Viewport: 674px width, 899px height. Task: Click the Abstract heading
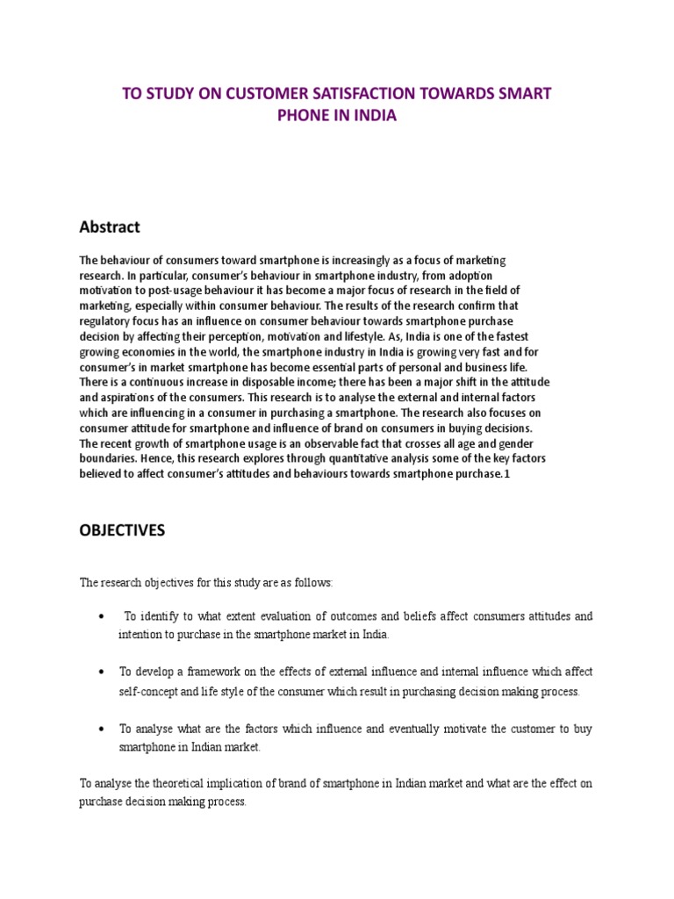(109, 227)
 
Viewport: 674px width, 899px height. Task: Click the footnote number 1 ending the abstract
(506, 474)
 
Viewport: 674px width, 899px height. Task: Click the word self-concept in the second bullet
(148, 692)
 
